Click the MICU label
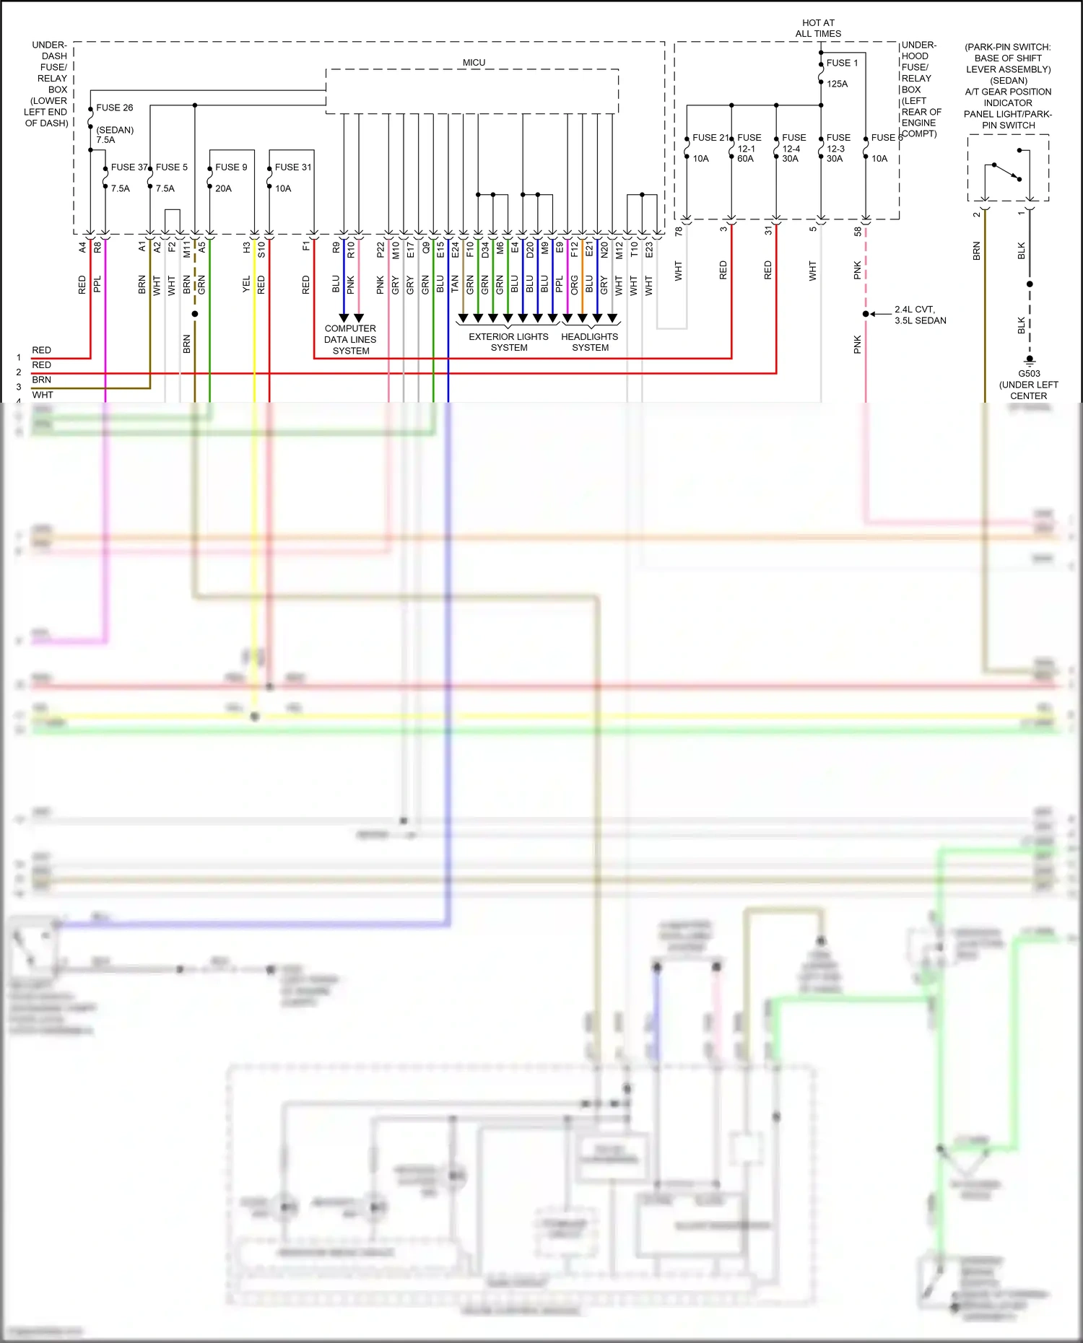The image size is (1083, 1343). pos(474,63)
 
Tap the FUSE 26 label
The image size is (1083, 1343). pos(114,108)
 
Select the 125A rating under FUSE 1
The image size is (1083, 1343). pos(837,84)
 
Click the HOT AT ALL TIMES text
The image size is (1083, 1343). pos(818,28)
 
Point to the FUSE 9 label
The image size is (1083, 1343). pos(231,167)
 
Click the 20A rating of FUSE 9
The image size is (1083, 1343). pos(223,188)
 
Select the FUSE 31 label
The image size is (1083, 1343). pos(293,167)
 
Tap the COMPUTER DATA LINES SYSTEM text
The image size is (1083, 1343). pos(350,339)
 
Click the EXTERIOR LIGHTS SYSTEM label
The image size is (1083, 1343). pos(508,342)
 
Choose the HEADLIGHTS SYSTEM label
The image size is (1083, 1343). pos(590,342)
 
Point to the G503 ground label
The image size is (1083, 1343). pos(1029,373)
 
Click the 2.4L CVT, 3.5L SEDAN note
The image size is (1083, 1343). pos(920,315)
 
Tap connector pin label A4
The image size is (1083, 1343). pos(82,247)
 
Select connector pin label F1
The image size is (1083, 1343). pos(306,247)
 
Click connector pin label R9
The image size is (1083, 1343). pos(336,247)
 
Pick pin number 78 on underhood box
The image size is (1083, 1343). pos(678,231)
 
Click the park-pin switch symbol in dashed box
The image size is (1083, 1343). pos(1007,172)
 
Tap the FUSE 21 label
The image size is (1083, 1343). pos(710,137)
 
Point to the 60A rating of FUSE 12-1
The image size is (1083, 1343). pos(745,159)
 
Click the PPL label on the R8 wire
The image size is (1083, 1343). pos(97,284)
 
